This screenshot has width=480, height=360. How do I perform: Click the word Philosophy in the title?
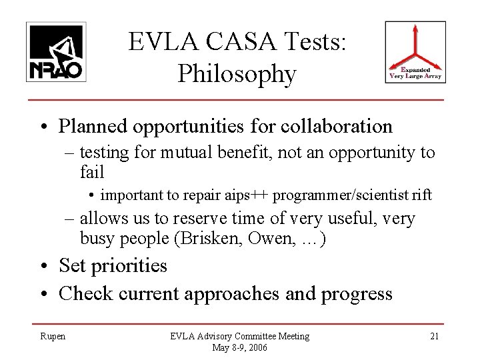click(237, 75)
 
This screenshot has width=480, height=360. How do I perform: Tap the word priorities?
click(132, 266)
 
